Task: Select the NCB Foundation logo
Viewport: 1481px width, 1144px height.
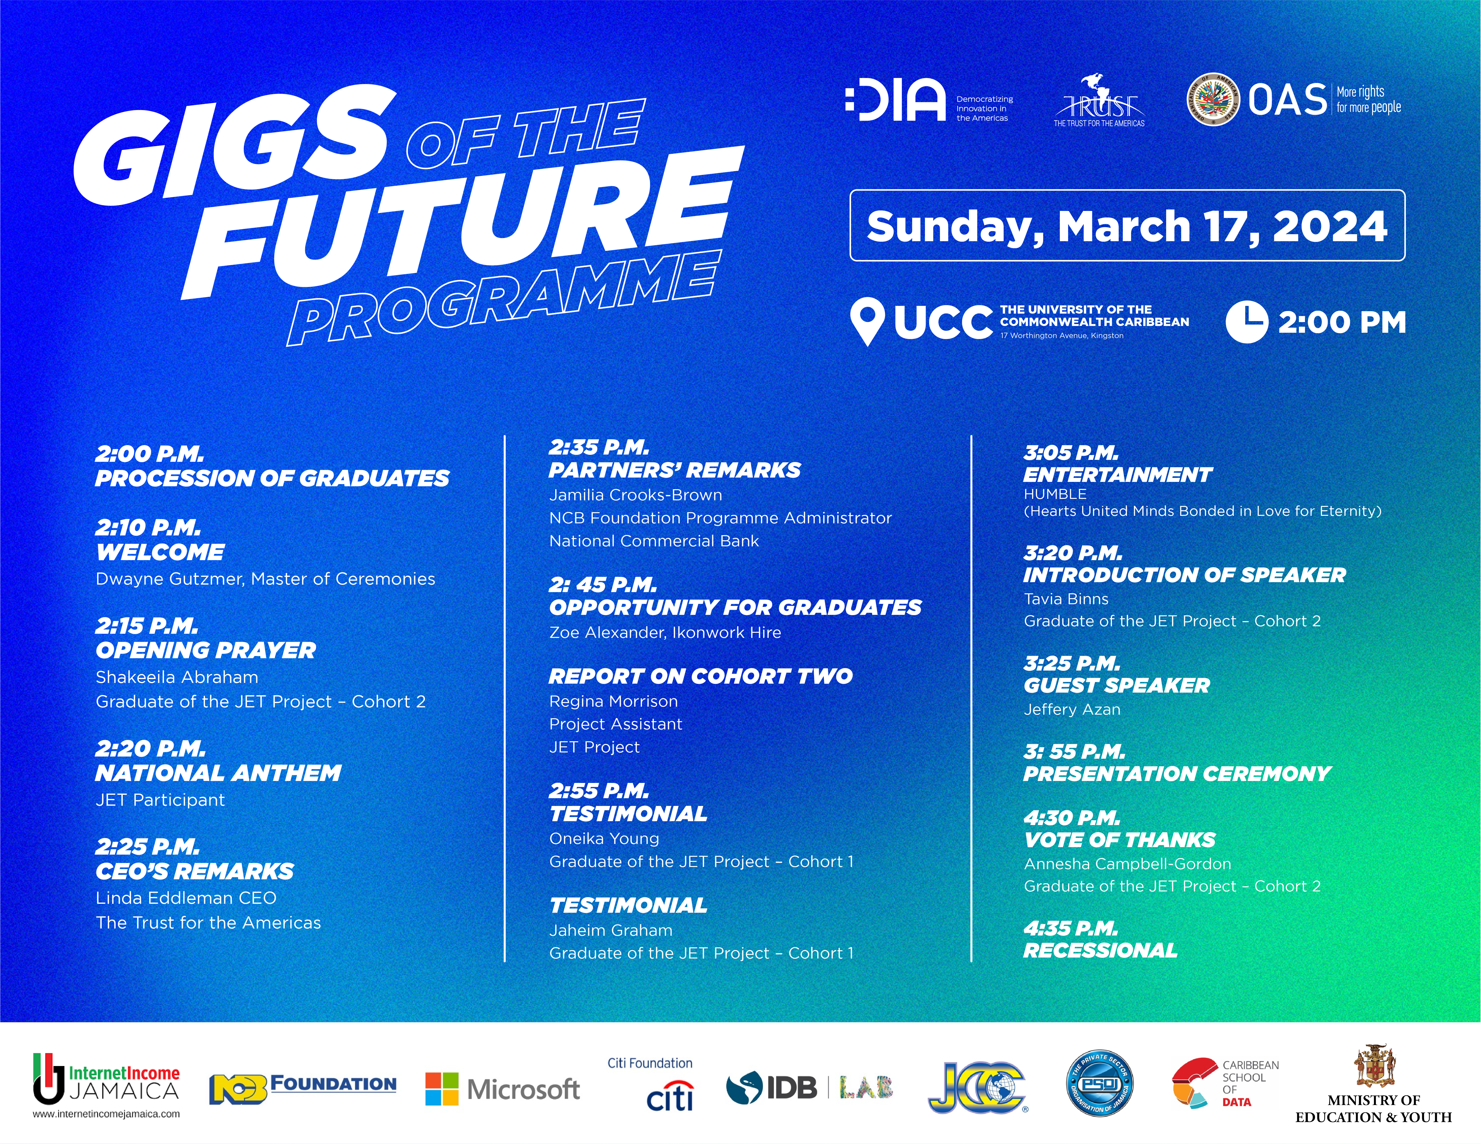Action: tap(302, 1088)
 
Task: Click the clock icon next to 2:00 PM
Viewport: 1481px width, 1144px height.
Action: tap(1246, 322)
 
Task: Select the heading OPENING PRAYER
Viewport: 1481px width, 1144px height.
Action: tap(205, 650)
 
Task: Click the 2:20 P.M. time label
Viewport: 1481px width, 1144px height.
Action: tap(151, 749)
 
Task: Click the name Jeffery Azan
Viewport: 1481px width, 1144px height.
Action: tap(1072, 709)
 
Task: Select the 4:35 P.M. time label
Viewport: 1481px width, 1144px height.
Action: tap(1071, 928)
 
